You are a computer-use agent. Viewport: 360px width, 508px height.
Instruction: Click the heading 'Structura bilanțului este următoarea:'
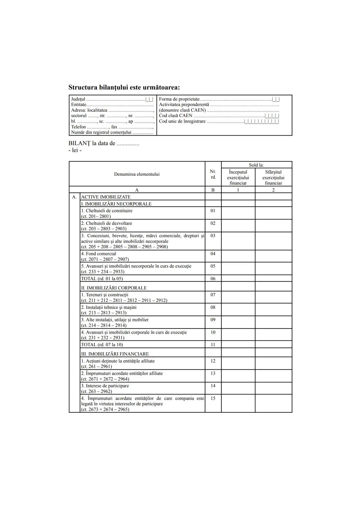click(124, 88)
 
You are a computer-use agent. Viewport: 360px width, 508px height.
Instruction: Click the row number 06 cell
click(213, 278)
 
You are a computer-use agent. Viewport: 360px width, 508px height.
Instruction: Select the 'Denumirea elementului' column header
click(137, 174)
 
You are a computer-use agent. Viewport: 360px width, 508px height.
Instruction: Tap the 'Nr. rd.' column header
click(213, 174)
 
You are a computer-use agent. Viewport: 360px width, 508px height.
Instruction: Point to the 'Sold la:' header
click(256, 165)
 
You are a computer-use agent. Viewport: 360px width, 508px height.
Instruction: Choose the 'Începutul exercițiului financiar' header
click(238, 178)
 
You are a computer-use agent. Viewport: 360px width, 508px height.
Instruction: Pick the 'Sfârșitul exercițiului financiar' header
click(273, 178)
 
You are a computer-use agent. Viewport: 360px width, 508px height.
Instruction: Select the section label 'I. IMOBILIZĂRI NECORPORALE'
click(116, 204)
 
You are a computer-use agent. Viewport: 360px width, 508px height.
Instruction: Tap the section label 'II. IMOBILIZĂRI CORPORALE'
click(114, 288)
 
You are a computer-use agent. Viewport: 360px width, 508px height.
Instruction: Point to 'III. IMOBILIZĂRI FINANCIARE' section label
click(115, 354)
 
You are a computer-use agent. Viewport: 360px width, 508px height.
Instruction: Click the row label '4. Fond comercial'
click(99, 254)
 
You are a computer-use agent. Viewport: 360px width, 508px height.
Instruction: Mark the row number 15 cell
click(213, 398)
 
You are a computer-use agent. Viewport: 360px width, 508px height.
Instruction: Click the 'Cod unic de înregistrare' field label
click(182, 121)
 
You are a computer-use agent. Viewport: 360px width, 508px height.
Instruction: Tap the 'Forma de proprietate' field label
click(179, 99)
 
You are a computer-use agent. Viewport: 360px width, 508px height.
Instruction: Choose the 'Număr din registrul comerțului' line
click(101, 132)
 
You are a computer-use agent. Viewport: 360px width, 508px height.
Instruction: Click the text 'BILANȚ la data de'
click(92, 144)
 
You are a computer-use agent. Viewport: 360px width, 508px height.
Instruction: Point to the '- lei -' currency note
click(75, 150)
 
